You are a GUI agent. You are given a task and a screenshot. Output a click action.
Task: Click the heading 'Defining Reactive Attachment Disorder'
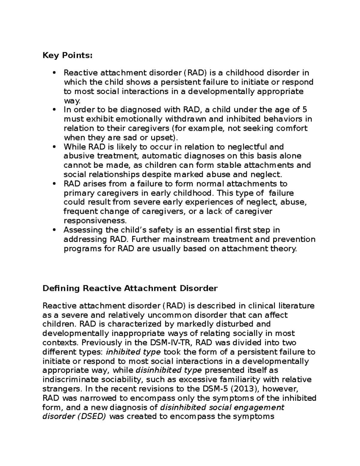pos(130,288)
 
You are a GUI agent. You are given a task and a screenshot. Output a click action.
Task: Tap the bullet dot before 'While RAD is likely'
pos(54,147)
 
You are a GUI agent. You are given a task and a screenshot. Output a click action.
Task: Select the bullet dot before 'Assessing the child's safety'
pos(54,230)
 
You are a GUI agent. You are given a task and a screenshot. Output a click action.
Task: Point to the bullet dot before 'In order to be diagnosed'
pos(54,110)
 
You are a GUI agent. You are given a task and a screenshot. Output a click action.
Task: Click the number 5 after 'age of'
pos(305,110)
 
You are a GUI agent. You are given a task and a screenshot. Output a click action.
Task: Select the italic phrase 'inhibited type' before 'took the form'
pos(133,352)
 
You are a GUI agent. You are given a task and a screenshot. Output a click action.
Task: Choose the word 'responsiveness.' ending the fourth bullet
pos(95,221)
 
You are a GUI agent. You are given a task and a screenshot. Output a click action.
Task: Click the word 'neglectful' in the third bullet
pos(248,147)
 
